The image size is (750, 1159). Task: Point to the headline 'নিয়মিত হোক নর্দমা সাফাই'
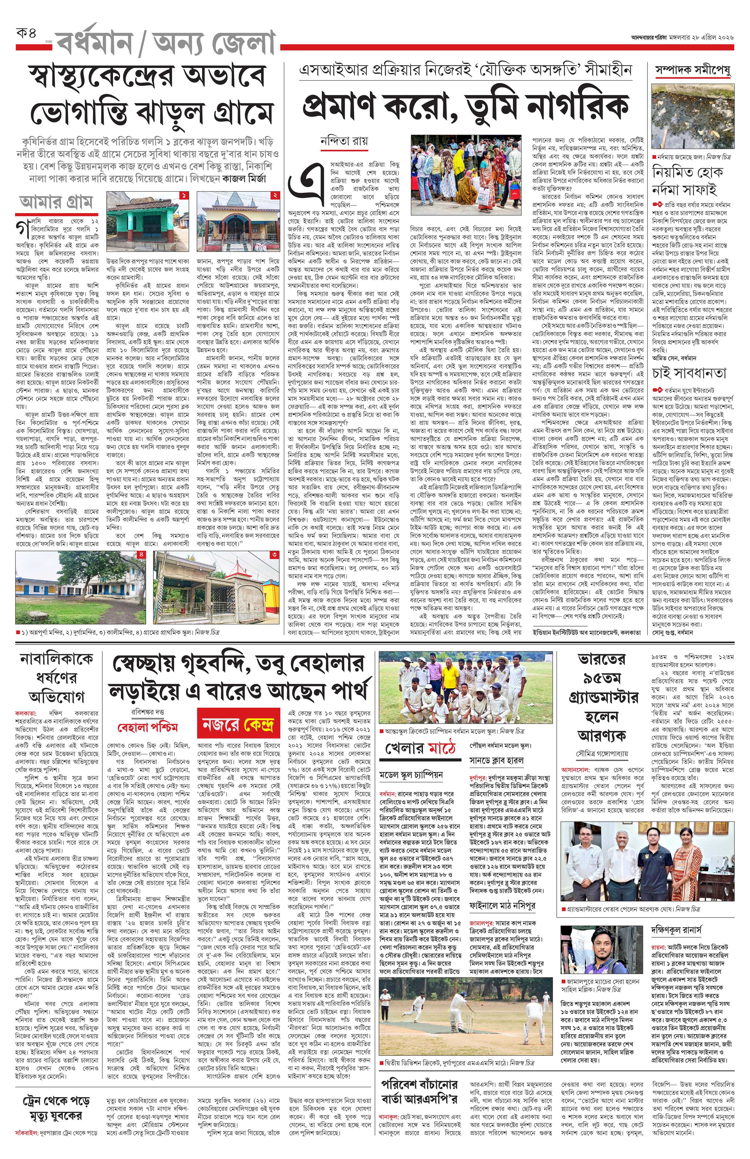(x=688, y=181)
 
